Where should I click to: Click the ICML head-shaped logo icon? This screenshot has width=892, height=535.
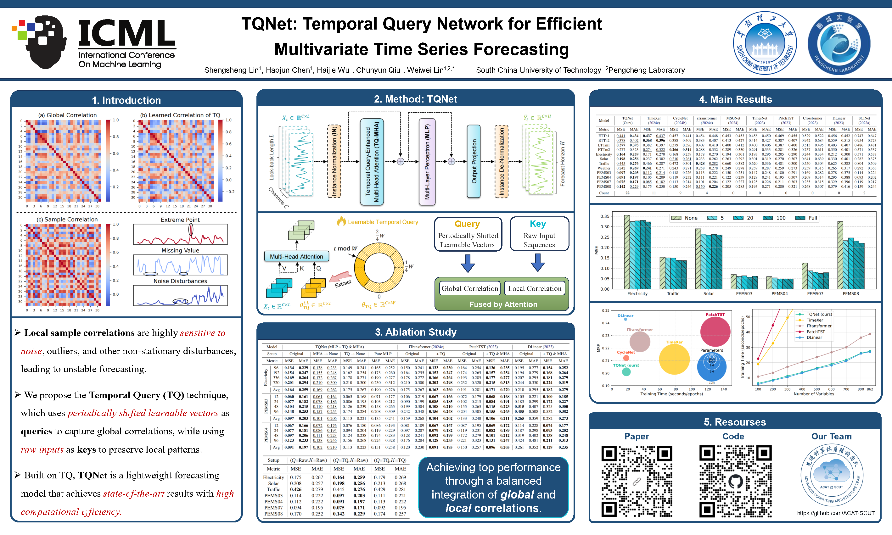pos(42,42)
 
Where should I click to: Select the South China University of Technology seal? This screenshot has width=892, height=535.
pos(765,43)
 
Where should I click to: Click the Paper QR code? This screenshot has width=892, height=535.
pos(637,481)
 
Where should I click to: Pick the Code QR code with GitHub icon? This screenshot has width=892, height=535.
pos(735,481)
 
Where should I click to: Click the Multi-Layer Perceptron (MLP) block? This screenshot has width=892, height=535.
pos(427,162)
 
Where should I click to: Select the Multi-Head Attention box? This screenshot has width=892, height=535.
pos(296,256)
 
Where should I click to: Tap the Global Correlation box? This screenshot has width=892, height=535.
pos(469,288)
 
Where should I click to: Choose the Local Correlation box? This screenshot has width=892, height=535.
pos(534,288)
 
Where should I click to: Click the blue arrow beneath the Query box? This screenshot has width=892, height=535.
pos(468,263)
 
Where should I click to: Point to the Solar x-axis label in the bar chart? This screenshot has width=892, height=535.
pos(708,293)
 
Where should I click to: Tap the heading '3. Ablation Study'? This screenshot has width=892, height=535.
pos(415,332)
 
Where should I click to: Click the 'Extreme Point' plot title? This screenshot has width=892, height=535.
pos(180,220)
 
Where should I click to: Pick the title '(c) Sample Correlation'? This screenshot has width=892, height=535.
pos(67,219)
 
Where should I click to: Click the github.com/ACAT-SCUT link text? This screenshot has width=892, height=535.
pos(836,513)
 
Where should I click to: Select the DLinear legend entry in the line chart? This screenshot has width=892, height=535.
pos(814,337)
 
